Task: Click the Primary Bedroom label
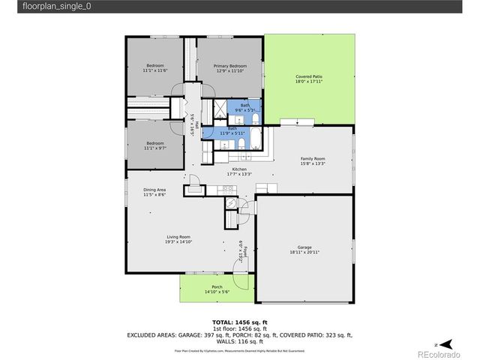click(229, 66)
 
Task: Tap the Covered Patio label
click(308, 76)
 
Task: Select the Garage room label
click(304, 247)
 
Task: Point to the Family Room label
click(313, 159)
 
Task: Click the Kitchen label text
click(239, 169)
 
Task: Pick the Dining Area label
click(154, 190)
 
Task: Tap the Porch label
click(217, 286)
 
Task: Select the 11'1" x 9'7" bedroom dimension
click(154, 148)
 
